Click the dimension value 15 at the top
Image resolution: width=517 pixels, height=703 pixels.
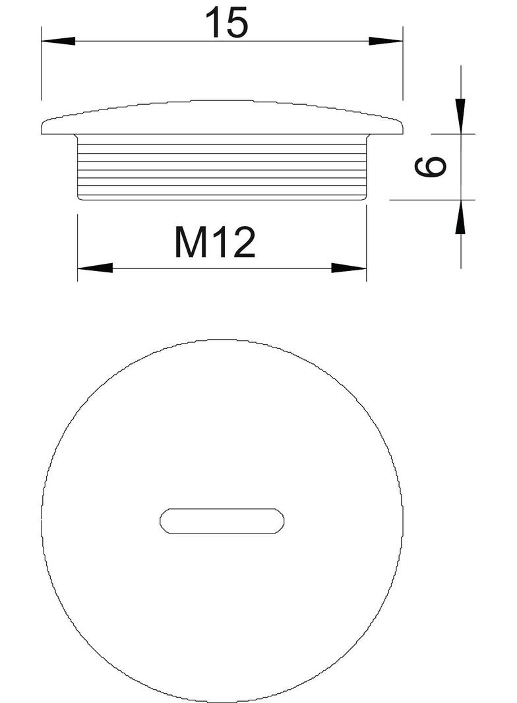pyautogui.click(x=226, y=23)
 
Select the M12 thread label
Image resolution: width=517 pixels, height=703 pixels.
pyautogui.click(x=214, y=243)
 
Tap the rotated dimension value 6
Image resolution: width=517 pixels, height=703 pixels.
pyautogui.click(x=431, y=167)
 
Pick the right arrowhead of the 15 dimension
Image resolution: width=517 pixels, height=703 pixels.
pyautogui.click(x=386, y=41)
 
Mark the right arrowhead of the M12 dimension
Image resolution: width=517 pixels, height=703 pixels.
pyautogui.click(x=349, y=268)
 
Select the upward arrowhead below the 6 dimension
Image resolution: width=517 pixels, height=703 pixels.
pyautogui.click(x=460, y=216)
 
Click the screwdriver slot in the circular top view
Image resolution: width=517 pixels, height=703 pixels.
pyautogui.click(x=223, y=520)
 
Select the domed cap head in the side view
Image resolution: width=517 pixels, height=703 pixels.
pyautogui.click(x=222, y=117)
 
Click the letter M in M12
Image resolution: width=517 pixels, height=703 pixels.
pyautogui.click(x=190, y=243)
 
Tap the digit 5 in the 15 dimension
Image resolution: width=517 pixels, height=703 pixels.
pyautogui.click(x=237, y=23)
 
